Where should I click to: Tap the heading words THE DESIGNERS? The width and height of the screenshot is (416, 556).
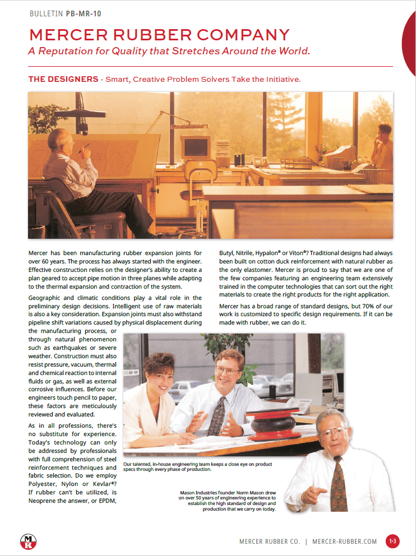pyautogui.click(x=63, y=79)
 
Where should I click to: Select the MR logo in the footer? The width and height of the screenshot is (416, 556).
pyautogui.click(x=28, y=541)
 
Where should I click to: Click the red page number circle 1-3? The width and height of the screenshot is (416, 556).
pyautogui.click(x=392, y=541)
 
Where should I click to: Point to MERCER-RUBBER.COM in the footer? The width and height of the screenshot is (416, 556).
pyautogui.click(x=344, y=541)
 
